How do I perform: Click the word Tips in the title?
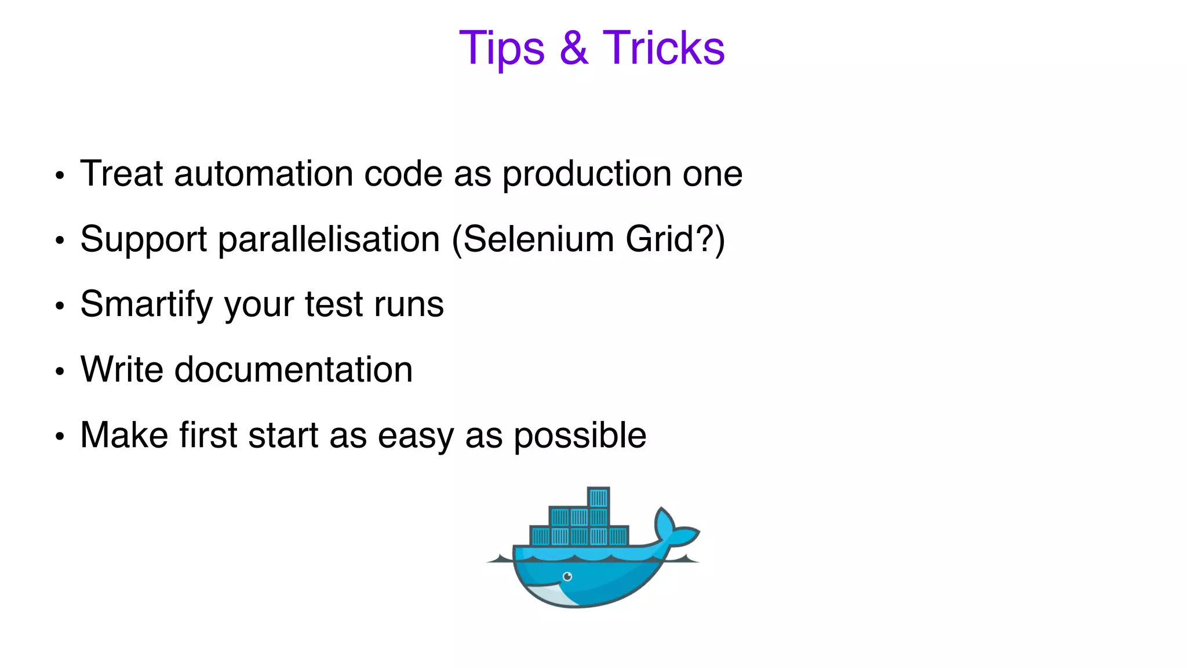point(501,49)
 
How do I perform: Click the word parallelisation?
point(329,239)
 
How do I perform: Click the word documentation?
point(293,370)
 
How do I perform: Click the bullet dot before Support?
point(60,240)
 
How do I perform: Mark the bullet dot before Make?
point(60,436)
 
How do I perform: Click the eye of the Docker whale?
point(567,576)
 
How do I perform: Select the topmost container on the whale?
point(598,498)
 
